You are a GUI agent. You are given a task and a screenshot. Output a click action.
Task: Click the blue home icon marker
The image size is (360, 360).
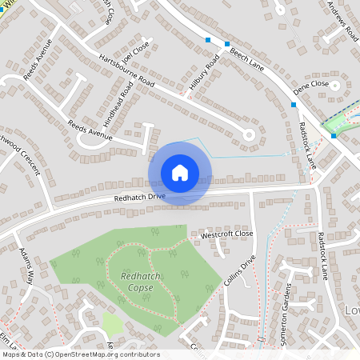click(x=180, y=173)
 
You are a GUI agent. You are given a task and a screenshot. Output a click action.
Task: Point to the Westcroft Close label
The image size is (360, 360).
click(x=226, y=234)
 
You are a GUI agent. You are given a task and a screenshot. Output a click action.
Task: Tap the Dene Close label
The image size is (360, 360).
click(x=311, y=83)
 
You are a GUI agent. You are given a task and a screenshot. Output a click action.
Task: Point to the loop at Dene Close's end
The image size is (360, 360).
click(x=337, y=84)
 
